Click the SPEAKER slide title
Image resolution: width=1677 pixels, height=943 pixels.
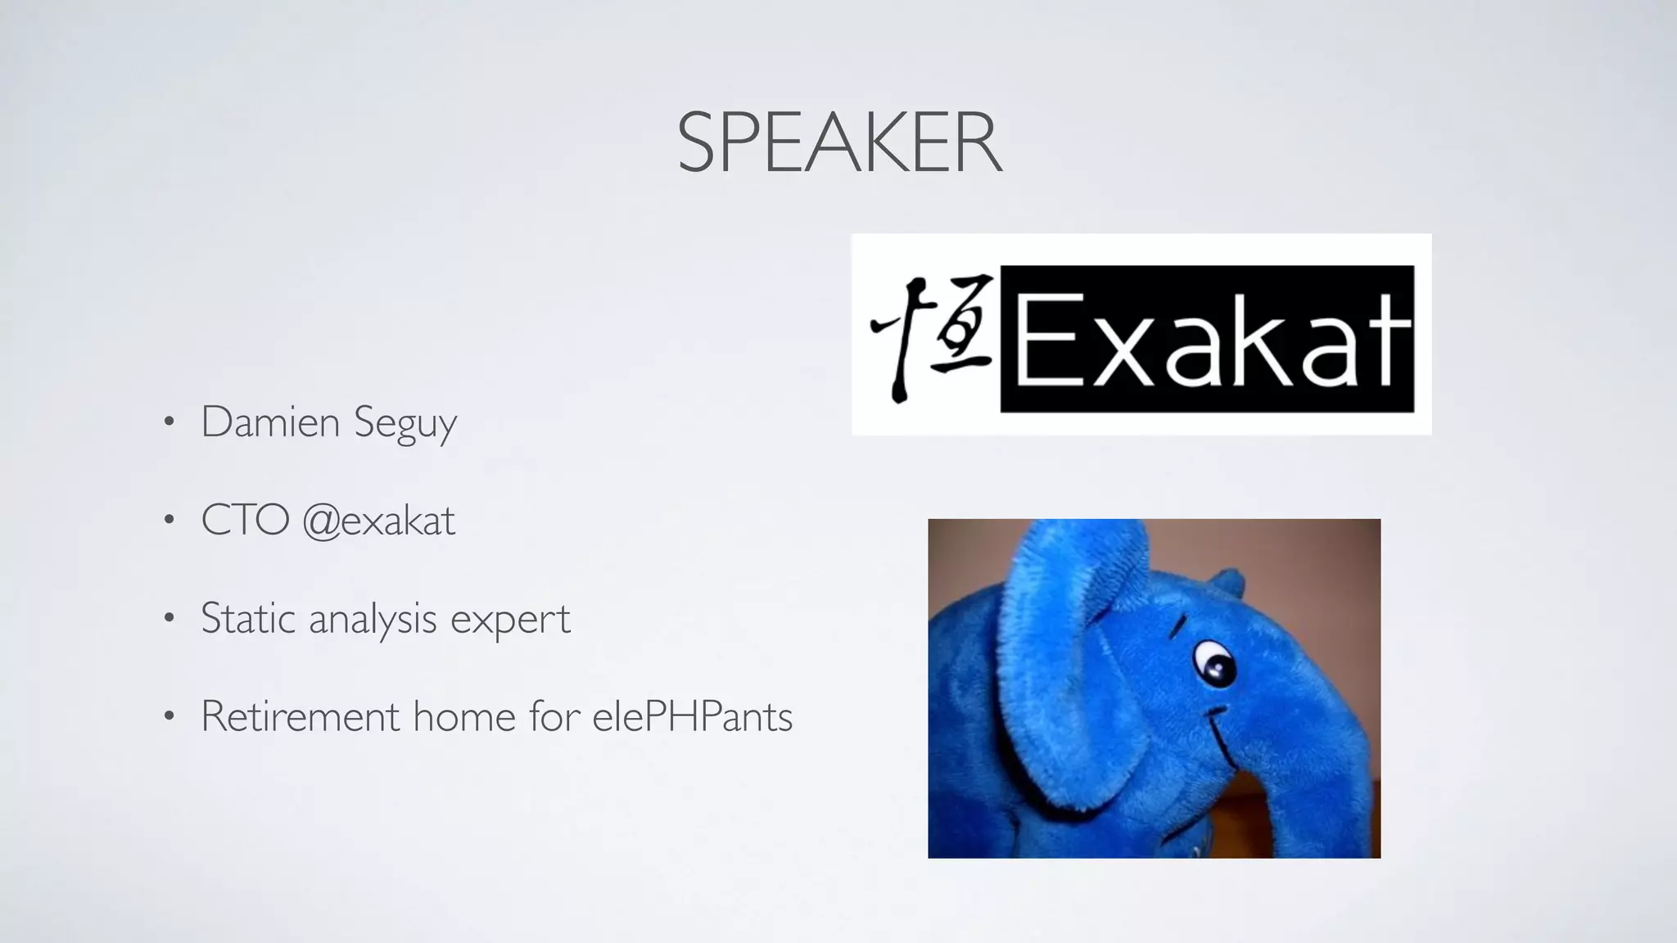tap(839, 144)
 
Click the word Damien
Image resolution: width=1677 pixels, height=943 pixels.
tap(269, 422)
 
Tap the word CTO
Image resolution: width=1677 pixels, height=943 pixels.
tap(245, 521)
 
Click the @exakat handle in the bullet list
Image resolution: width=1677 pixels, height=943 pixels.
tap(378, 521)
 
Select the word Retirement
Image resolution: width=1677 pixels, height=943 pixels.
tap(300, 716)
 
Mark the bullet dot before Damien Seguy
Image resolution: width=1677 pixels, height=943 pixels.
tap(169, 423)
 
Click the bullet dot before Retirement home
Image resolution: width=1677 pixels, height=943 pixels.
tap(169, 717)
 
